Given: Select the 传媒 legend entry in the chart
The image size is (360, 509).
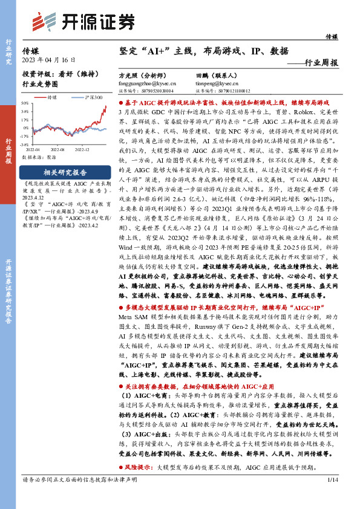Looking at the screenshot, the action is tap(51, 97).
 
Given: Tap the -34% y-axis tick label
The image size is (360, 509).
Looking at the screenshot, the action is tap(24, 145).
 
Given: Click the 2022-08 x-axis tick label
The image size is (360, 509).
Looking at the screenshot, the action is tap(58, 149).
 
